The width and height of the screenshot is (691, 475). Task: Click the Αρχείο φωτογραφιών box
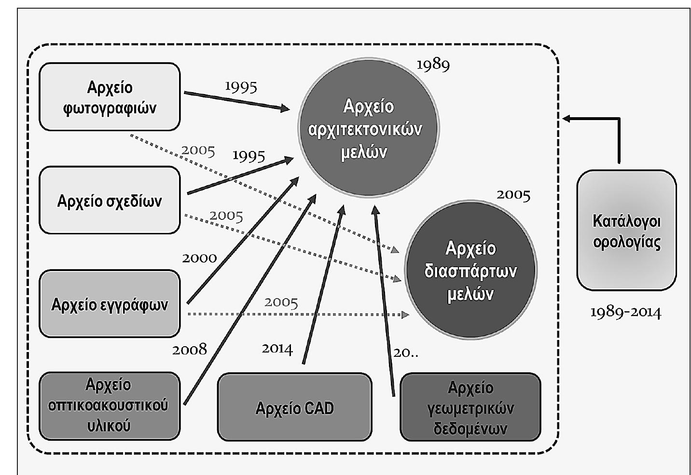pyautogui.click(x=110, y=97)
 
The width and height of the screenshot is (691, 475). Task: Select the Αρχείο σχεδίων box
pyautogui.click(x=110, y=201)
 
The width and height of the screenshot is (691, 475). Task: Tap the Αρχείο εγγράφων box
pyautogui.click(x=110, y=304)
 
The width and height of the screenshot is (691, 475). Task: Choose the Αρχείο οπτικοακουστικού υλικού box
pyautogui.click(x=109, y=406)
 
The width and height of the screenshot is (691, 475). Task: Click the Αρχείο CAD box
pyautogui.click(x=294, y=407)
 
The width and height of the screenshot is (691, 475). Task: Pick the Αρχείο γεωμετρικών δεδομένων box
pyautogui.click(x=470, y=407)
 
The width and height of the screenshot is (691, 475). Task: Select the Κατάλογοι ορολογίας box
pyautogui.click(x=626, y=231)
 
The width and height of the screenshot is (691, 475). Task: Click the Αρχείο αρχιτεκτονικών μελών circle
pyautogui.click(x=368, y=128)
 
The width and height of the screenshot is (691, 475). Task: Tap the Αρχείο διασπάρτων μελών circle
pyautogui.click(x=470, y=271)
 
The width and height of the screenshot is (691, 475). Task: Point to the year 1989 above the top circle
pyautogui.click(x=433, y=64)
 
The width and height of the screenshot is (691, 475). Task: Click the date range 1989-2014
pyautogui.click(x=626, y=312)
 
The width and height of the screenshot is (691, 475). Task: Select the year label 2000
pyautogui.click(x=199, y=258)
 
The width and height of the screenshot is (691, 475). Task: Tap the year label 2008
pyautogui.click(x=190, y=349)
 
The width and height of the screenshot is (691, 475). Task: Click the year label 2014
pyautogui.click(x=277, y=348)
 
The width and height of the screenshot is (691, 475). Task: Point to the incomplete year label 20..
pyautogui.click(x=406, y=353)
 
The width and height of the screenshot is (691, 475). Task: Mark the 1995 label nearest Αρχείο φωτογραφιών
pyautogui.click(x=241, y=86)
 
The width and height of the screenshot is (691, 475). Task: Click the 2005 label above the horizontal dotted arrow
pyautogui.click(x=281, y=302)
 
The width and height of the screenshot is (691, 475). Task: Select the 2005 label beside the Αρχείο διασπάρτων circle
pyautogui.click(x=513, y=195)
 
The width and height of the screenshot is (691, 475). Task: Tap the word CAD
pyautogui.click(x=319, y=408)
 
